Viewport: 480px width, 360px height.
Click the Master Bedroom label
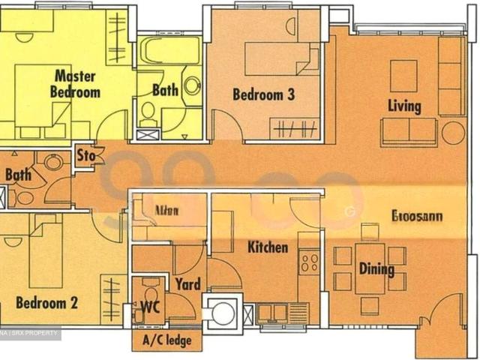75,84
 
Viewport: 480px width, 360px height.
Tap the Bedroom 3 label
262,94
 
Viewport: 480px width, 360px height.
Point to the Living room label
404,106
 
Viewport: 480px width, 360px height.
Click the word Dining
376,268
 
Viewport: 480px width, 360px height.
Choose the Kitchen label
268,247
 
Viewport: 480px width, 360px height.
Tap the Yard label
187,284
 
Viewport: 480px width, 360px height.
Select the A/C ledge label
166,341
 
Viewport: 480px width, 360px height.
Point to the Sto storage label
86,156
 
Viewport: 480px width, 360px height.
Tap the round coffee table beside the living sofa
453,133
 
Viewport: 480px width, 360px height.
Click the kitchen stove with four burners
309,262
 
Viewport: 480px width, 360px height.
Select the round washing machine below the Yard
223,314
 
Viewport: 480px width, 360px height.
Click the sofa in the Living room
409,131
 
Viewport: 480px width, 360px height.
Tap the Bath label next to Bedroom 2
18,175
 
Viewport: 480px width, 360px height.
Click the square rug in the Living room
403,76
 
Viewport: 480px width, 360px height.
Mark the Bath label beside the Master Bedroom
166,90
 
